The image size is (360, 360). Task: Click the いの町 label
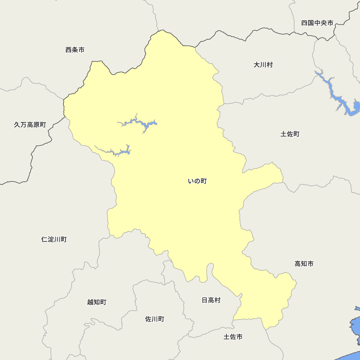pyautogui.click(x=197, y=181)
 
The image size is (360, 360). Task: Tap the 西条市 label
pyautogui.click(x=75, y=50)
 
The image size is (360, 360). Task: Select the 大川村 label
pyautogui.click(x=263, y=65)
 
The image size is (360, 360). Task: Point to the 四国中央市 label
pyautogui.click(x=317, y=23)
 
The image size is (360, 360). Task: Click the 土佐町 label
pyautogui.click(x=290, y=134)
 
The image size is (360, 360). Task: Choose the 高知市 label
pyautogui.click(x=304, y=264)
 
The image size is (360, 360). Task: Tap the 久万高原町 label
pyautogui.click(x=30, y=125)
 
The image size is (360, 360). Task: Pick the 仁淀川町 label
pyautogui.click(x=54, y=239)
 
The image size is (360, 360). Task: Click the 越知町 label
pyautogui.click(x=96, y=302)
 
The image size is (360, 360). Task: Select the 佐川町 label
pyautogui.click(x=154, y=319)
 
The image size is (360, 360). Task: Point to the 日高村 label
pyautogui.click(x=211, y=300)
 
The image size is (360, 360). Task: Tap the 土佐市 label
pyautogui.click(x=233, y=337)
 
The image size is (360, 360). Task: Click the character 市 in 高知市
pyautogui.click(x=310, y=264)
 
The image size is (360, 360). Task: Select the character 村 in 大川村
pyautogui.click(x=270, y=65)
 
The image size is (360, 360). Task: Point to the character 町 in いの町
pyautogui.click(x=204, y=181)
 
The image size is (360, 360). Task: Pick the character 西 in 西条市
pyautogui.click(x=69, y=50)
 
